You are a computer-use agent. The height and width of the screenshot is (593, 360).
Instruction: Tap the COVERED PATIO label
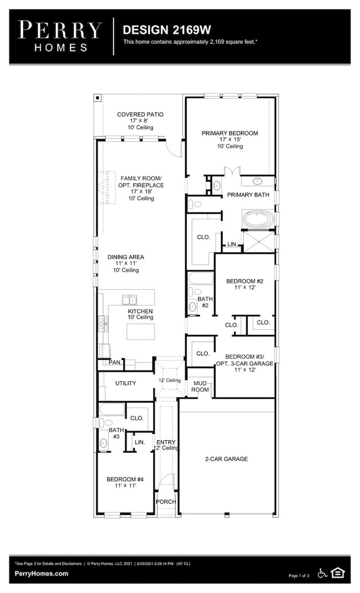[140, 115]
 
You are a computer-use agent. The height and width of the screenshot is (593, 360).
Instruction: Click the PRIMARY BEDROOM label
[229, 133]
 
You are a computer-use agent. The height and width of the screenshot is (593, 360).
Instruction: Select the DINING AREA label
[126, 257]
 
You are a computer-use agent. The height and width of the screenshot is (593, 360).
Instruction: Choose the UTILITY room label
[125, 383]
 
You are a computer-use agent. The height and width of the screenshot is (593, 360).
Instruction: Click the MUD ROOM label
[200, 386]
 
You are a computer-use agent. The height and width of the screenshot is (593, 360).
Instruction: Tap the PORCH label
[166, 502]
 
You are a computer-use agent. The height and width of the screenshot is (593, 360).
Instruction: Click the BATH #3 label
[116, 433]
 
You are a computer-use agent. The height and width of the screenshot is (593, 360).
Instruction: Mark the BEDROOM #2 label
[244, 281]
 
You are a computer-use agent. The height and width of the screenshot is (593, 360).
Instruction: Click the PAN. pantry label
[115, 363]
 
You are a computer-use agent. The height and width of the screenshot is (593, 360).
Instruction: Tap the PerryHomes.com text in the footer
[42, 574]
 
